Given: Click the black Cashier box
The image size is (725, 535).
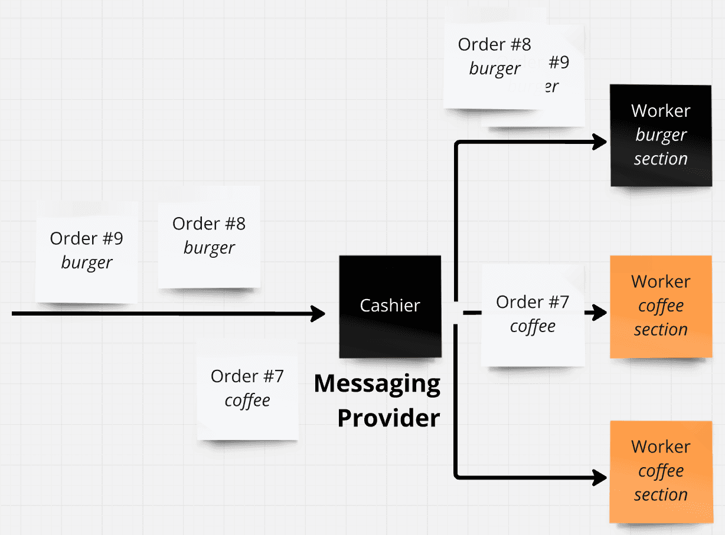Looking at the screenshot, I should [x=390, y=306].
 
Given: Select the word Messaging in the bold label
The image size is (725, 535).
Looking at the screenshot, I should [x=377, y=384].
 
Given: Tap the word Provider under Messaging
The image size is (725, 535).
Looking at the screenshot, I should [x=388, y=418].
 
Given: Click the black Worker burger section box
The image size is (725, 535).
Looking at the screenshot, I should [x=660, y=135].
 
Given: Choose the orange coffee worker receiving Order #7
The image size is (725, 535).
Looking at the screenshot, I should [x=660, y=306].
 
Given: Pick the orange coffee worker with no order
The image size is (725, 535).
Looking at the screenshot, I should [x=660, y=471].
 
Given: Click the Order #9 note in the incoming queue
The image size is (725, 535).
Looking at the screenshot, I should [x=86, y=251].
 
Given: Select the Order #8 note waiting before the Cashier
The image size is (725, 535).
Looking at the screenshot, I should [x=208, y=236].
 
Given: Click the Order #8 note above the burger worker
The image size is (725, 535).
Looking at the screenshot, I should [x=494, y=57].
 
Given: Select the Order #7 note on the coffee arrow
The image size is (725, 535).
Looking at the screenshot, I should [x=532, y=314].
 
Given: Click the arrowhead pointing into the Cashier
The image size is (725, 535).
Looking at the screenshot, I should [x=319, y=314].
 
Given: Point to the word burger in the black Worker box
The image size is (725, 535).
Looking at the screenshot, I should [x=661, y=135].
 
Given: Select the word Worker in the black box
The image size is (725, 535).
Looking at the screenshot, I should [x=660, y=111].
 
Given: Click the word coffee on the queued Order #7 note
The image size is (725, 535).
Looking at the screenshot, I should [x=247, y=401].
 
